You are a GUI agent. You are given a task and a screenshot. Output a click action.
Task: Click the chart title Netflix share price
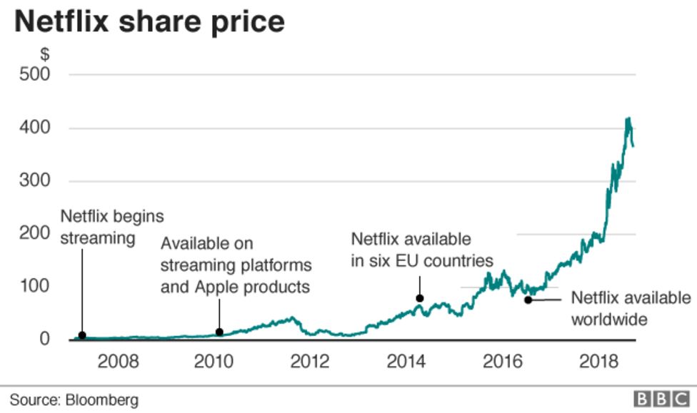click(149, 21)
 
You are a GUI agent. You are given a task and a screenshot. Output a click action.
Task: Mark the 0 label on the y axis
click(44, 340)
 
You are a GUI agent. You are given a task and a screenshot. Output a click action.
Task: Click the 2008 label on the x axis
click(118, 361)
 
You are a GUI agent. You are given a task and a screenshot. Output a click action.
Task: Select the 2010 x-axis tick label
click(214, 361)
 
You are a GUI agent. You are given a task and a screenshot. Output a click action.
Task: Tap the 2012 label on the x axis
click(310, 361)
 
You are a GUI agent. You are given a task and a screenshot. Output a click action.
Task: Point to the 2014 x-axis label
click(406, 361)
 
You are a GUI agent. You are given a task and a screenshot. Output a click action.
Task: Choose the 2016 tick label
click(502, 361)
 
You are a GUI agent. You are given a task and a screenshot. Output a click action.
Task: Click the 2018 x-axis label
click(598, 361)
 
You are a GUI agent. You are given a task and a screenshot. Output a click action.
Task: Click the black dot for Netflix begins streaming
click(82, 335)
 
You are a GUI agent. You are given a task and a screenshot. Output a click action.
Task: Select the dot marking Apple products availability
click(219, 332)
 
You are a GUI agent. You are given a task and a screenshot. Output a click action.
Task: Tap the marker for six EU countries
click(420, 298)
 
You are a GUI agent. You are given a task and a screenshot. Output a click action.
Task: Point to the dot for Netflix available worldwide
click(528, 300)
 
